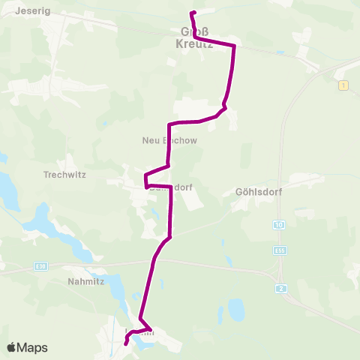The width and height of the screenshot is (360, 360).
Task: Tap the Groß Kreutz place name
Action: point(196,38)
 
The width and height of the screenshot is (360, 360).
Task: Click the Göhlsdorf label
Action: point(256,191)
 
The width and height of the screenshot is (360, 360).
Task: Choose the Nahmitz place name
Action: point(79,283)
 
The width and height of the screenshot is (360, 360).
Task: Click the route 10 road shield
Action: point(279,225)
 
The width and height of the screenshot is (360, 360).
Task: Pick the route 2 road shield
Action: point(280,289)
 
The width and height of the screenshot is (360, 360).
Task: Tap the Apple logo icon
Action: point(12,347)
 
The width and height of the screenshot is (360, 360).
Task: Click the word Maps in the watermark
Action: point(33,347)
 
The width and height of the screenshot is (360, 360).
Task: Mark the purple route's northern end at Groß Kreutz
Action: point(193,13)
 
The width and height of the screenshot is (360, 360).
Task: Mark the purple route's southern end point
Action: point(125,343)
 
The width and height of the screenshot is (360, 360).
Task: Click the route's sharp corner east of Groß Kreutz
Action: point(235,46)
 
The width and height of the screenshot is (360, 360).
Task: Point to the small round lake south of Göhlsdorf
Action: point(235,308)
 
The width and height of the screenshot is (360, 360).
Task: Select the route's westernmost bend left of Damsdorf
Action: point(145,178)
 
